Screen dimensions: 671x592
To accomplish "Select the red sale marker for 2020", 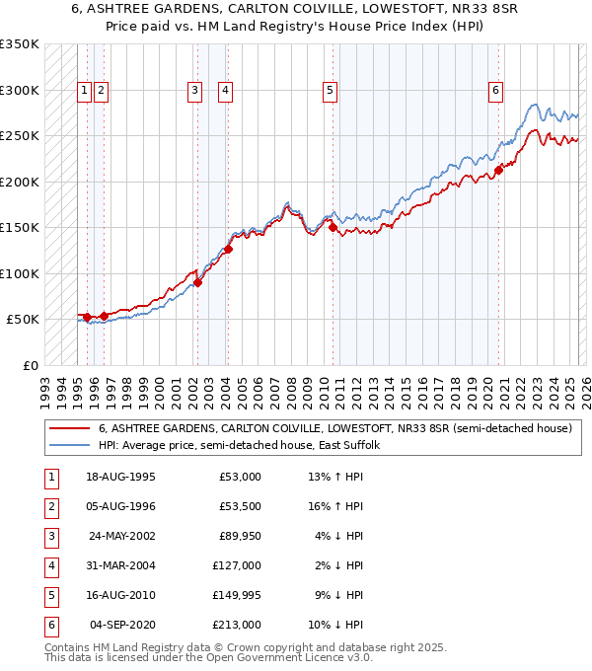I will (499, 170).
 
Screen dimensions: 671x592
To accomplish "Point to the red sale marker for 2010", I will (333, 228).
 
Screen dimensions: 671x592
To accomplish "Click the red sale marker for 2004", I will (228, 249).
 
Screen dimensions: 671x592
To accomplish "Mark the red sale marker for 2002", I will (197, 283).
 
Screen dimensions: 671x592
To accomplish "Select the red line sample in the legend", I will (70, 429).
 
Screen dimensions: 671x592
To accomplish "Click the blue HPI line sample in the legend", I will (70, 446).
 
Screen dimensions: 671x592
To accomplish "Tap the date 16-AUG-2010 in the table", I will (122, 595).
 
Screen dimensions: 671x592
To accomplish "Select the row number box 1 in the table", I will (51, 477).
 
